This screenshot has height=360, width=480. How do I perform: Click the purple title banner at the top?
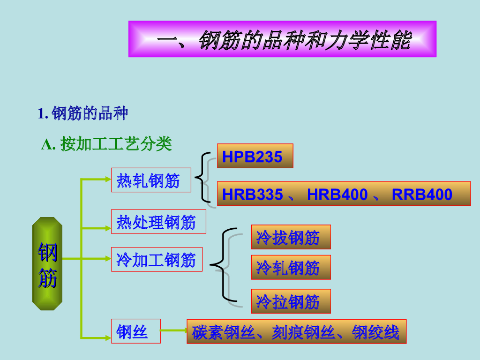click(282, 39)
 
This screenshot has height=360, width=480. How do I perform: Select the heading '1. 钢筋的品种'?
click(83, 113)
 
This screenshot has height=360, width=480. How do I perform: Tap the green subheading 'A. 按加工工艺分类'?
click(107, 144)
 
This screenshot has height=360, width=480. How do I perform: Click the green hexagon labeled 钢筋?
click(47, 263)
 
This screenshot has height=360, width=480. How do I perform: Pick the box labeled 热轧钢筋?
click(151, 180)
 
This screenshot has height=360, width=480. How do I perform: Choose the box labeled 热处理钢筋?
click(158, 222)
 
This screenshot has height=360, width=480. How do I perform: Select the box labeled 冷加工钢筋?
click(157, 259)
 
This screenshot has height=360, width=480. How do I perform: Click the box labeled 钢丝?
click(135, 331)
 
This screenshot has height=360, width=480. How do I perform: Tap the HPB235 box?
click(255, 156)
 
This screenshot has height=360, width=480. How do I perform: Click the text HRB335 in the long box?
click(253, 194)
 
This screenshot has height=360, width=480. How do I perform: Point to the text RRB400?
click(422, 194)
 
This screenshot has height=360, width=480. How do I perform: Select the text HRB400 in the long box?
click(337, 194)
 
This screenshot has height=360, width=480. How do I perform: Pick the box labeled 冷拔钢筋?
click(291, 237)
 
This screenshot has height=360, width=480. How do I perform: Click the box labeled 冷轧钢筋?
click(291, 267)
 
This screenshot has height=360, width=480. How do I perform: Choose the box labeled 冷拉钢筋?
click(291, 301)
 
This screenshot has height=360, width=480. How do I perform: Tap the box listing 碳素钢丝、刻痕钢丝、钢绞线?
click(296, 332)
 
